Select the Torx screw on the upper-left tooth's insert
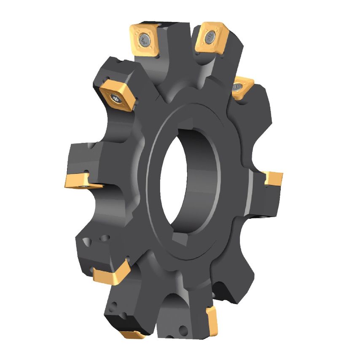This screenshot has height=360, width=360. click(115, 99)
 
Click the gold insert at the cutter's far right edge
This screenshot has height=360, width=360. click(273, 178)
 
